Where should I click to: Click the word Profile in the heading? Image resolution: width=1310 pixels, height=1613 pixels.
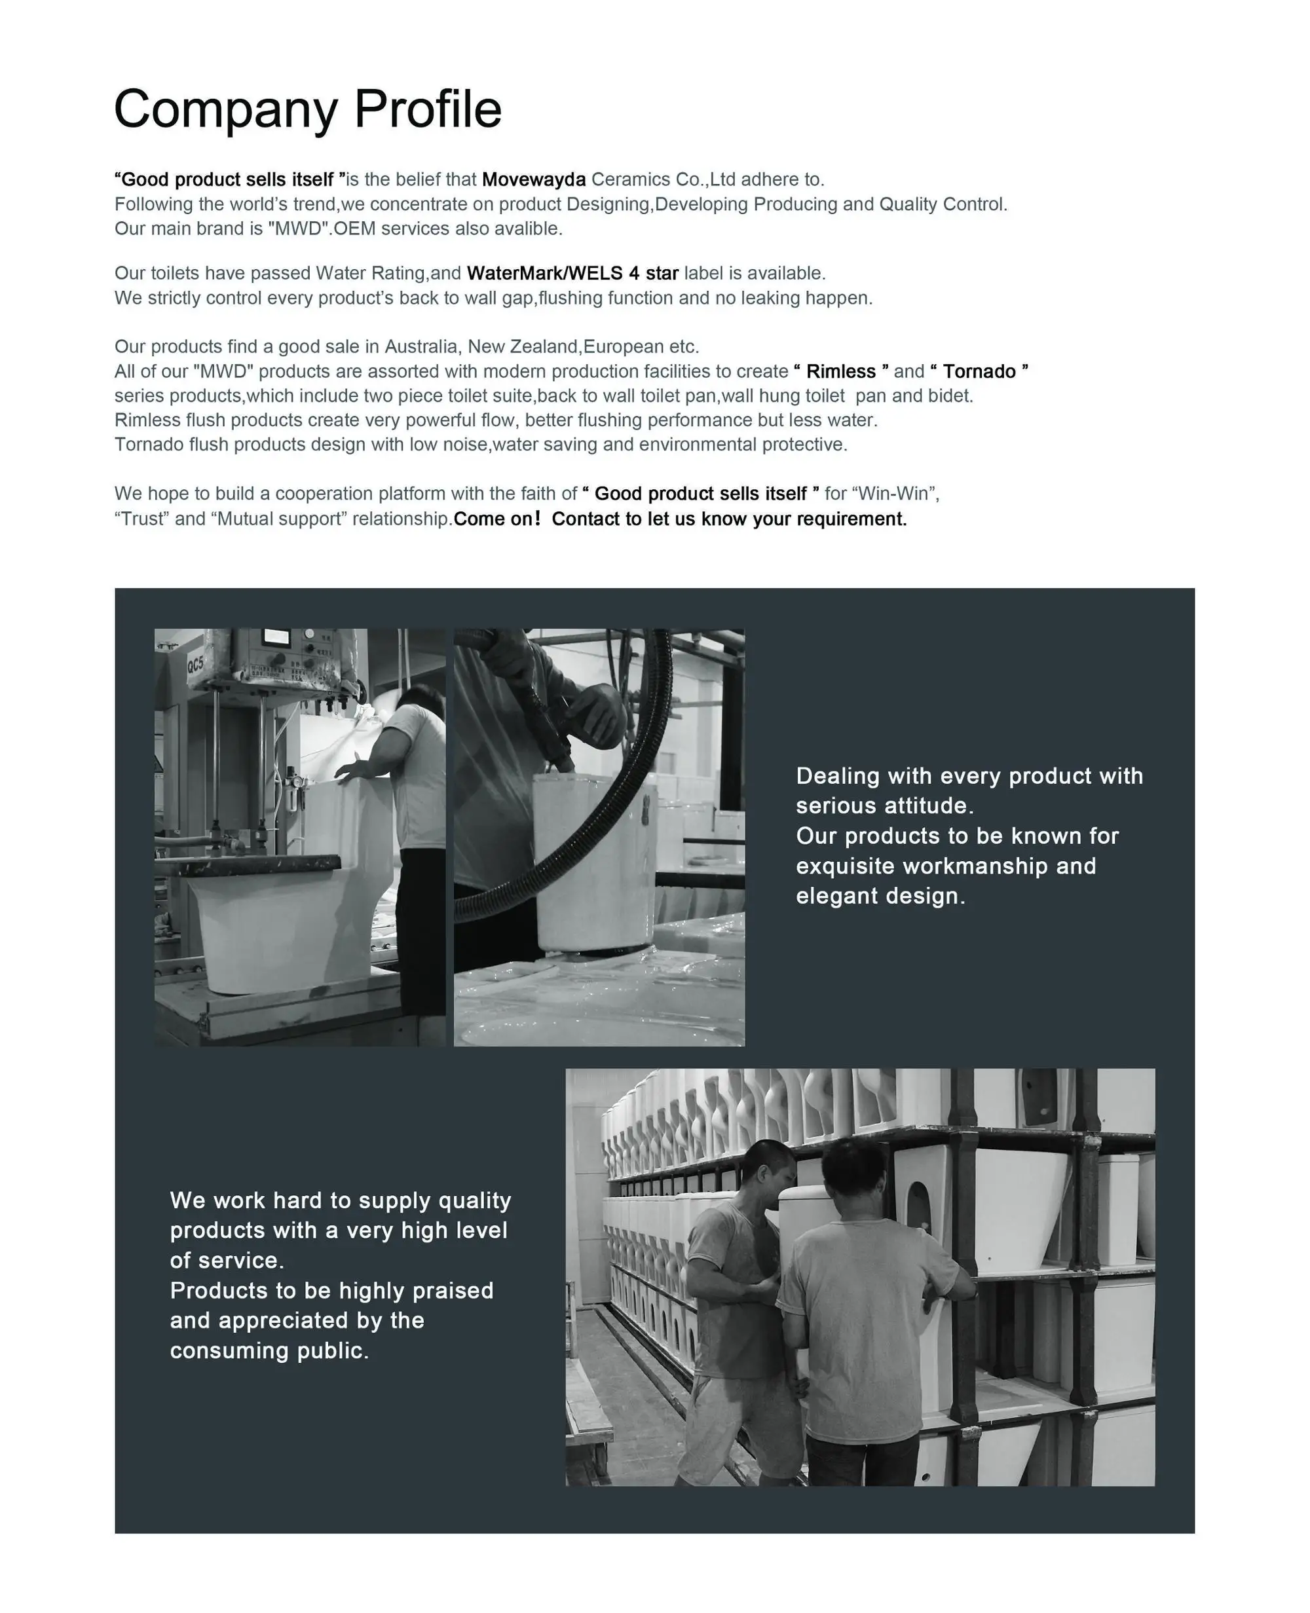tap(427, 109)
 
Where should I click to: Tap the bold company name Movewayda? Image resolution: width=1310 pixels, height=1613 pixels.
tap(534, 179)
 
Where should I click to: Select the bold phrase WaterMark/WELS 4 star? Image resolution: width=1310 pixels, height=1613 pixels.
tap(572, 273)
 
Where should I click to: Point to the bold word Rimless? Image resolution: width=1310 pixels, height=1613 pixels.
tap(840, 372)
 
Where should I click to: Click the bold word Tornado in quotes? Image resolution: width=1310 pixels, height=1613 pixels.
tap(979, 372)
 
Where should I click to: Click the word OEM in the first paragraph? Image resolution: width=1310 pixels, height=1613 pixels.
tap(354, 229)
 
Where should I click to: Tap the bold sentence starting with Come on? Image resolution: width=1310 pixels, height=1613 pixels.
tap(680, 519)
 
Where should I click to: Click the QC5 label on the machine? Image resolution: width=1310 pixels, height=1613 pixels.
tap(195, 665)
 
